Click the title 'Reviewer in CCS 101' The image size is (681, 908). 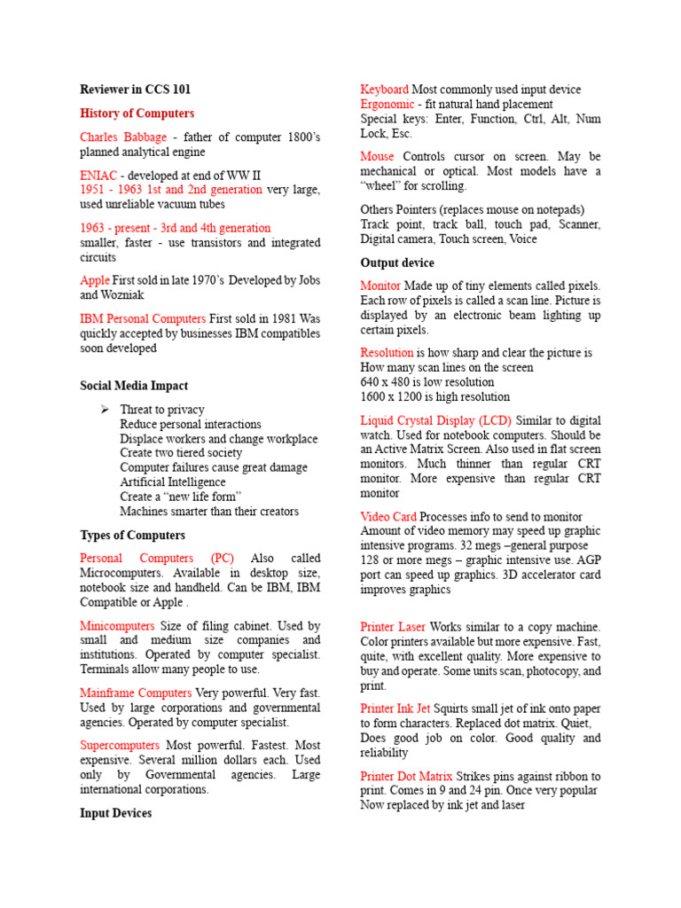coord(135,90)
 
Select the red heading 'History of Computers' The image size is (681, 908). coord(137,113)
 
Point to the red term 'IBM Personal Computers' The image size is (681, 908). coord(143,318)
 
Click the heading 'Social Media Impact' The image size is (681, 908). coord(134,386)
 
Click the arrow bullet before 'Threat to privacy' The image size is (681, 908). coord(105,410)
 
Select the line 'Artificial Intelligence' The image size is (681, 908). coord(173,482)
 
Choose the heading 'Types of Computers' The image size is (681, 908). coord(132,536)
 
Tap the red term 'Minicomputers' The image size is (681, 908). coord(118,626)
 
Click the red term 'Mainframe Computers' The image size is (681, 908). coord(136,693)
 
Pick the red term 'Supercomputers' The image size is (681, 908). coord(120,746)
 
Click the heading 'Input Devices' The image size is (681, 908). coord(116,813)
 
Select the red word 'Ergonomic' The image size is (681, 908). coord(387,105)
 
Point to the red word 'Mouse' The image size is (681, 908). coord(378,157)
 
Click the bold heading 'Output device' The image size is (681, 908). coord(397,263)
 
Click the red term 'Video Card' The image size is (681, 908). coord(388,517)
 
